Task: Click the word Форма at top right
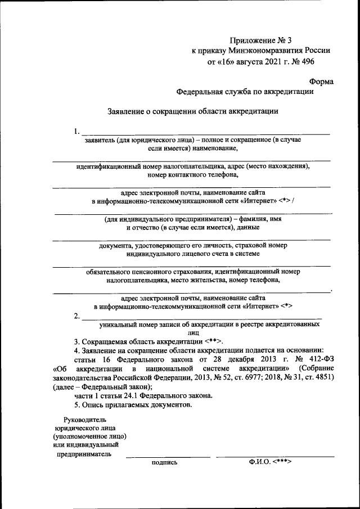322,81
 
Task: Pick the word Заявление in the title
127,111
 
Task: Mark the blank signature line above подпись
167,456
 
